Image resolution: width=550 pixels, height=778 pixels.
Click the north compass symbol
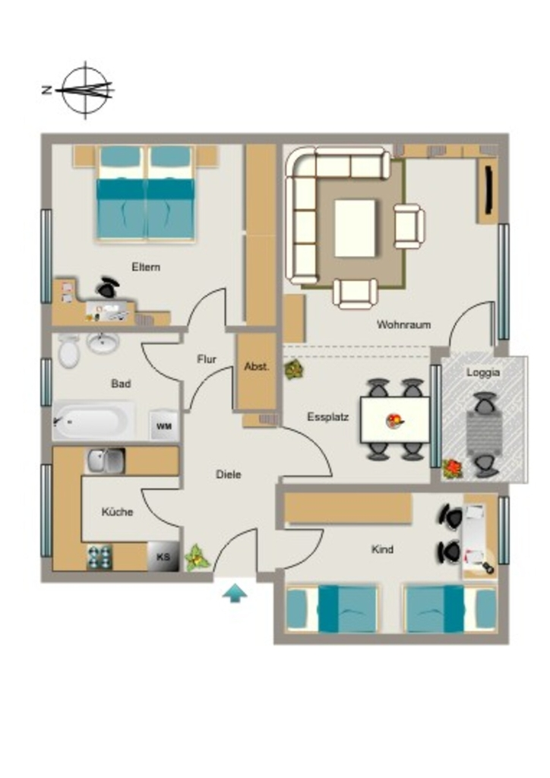pos(85,90)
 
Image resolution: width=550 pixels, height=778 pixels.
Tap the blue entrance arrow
pos(235,593)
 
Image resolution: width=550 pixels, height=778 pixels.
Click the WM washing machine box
pos(163,425)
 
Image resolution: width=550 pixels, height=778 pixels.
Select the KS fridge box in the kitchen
pos(163,556)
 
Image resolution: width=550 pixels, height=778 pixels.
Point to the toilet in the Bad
pos(69,350)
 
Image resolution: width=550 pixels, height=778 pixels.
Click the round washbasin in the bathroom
pos(103,343)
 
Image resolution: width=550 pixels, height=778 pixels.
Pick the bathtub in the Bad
pos(93,421)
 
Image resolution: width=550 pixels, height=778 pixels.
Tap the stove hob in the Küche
pos(100,557)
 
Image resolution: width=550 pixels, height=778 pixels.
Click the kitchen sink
pos(106,461)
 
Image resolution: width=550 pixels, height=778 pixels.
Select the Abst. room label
pos(257,367)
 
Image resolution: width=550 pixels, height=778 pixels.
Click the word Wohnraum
pos(403,325)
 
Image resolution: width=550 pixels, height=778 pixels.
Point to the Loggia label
pos(482,373)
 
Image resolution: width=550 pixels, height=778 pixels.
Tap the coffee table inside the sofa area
pos(355,228)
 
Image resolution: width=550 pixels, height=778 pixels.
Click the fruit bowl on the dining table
pos(395,421)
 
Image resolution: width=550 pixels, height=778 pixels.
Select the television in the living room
pos(489,188)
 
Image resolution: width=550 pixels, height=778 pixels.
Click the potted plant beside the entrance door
pos(198,558)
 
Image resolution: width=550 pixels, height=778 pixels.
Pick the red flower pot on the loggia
pos(452,469)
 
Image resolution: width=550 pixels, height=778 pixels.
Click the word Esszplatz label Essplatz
pos(328,417)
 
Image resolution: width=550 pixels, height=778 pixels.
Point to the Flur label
pos(207,359)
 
